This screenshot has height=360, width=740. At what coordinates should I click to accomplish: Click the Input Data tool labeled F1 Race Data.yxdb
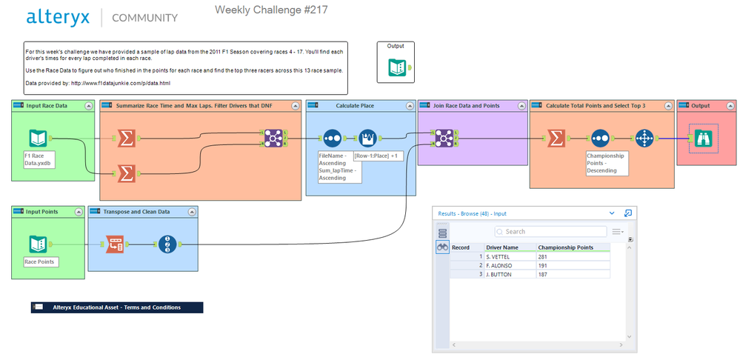pyautogui.click(x=39, y=138)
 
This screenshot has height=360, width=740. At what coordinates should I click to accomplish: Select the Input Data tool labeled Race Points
pyautogui.click(x=39, y=244)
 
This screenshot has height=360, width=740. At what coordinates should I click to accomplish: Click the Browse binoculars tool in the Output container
pyautogui.click(x=701, y=138)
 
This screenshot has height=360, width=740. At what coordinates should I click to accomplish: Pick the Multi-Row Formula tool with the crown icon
pyautogui.click(x=368, y=138)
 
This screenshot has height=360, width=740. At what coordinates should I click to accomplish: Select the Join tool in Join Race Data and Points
pyautogui.click(x=444, y=138)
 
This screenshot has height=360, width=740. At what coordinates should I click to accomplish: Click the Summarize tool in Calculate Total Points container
pyautogui.click(x=556, y=138)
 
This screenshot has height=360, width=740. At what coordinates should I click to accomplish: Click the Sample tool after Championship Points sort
pyautogui.click(x=644, y=138)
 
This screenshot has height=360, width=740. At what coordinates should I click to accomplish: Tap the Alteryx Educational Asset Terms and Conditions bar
pyautogui.click(x=116, y=307)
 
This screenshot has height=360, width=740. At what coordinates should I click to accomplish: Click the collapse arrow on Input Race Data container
pyautogui.click(x=89, y=106)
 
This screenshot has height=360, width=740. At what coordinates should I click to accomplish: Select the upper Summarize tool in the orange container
pyautogui.click(x=127, y=138)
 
